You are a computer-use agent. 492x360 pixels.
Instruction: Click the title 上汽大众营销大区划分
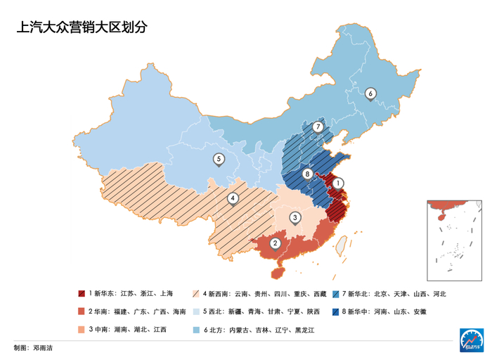pyautogui.click(x=82, y=27)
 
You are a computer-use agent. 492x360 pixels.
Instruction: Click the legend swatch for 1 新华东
pyautogui.click(x=82, y=294)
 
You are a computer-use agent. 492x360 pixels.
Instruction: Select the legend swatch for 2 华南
pyautogui.click(x=82, y=311)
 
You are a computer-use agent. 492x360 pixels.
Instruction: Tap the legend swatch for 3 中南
pyautogui.click(x=82, y=329)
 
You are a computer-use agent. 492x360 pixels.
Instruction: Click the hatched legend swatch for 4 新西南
pyautogui.click(x=196, y=294)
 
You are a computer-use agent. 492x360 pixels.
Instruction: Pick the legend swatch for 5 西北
pyautogui.click(x=196, y=311)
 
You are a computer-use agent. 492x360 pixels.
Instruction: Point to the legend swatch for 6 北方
pyautogui.click(x=196, y=329)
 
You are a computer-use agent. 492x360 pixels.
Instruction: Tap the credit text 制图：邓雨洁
pyautogui.click(x=33, y=348)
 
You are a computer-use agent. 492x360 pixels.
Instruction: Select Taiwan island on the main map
pyautogui.click(x=342, y=245)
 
